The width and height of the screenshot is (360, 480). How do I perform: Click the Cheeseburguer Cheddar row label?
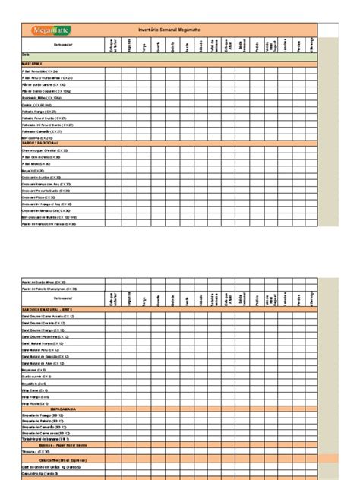(46, 151)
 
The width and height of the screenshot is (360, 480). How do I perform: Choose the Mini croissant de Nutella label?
(49, 216)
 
